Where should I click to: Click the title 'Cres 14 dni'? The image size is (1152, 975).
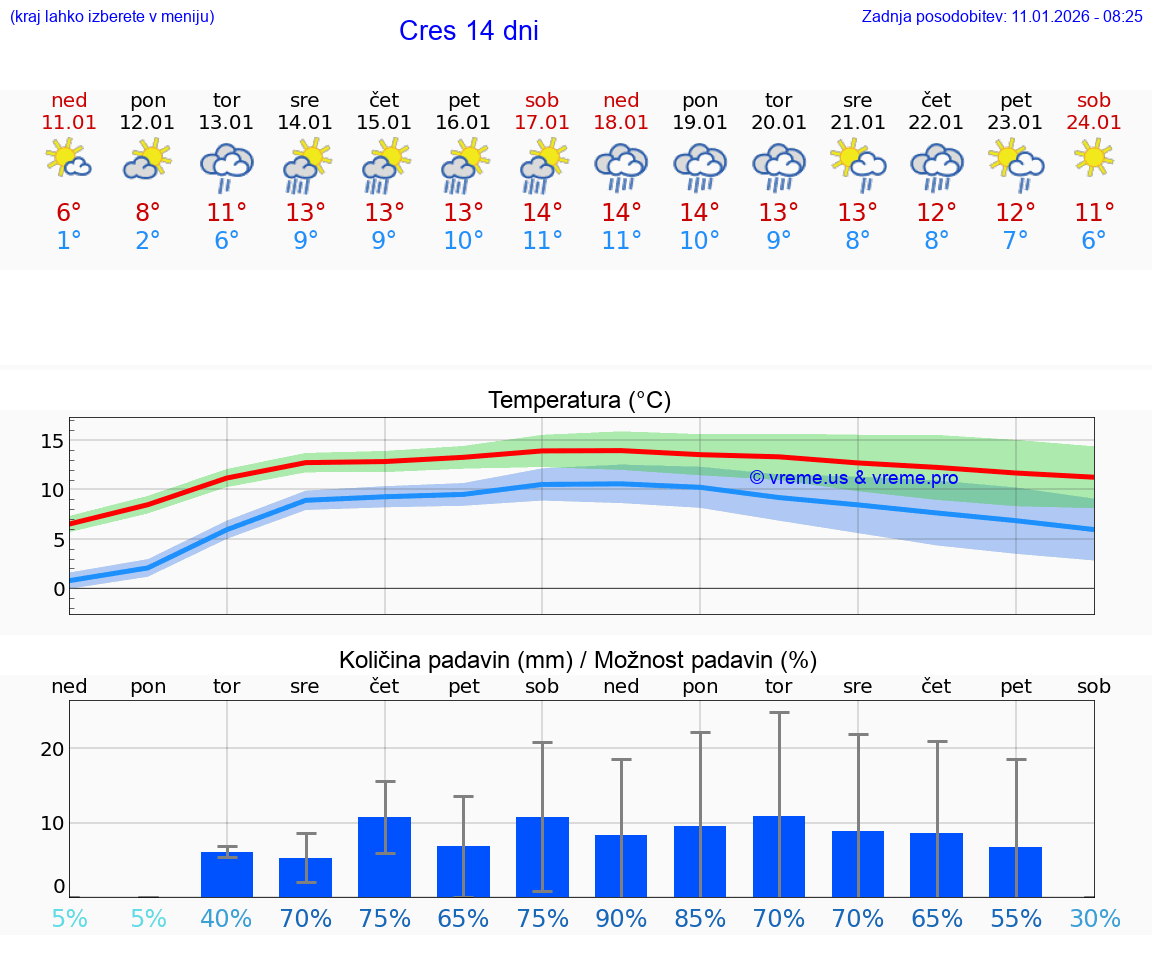468,31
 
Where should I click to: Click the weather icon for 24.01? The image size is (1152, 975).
1094,157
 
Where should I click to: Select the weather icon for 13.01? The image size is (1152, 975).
227,166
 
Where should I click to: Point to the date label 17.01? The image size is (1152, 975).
542,122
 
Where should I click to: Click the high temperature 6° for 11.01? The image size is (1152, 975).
69,212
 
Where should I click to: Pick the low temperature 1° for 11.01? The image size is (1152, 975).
69,240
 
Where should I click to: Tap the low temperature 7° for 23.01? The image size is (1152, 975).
1016,240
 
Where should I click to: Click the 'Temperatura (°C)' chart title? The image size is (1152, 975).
580,400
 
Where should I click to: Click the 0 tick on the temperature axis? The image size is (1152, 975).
59,588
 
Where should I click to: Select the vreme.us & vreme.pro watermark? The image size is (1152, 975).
854,478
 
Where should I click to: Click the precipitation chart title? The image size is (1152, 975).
578,660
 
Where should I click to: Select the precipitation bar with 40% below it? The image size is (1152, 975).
227,874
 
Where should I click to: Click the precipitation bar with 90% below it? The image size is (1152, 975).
621,866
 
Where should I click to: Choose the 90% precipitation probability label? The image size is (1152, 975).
621,919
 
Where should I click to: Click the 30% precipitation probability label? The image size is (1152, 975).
1094,919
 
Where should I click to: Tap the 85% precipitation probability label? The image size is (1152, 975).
700,919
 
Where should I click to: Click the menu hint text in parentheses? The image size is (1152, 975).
112,16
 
